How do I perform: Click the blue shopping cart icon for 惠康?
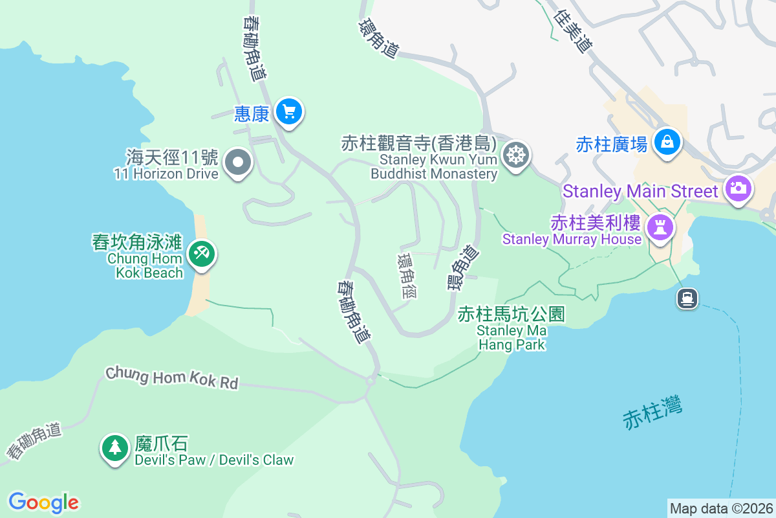(288, 113)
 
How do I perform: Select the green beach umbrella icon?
(201, 253)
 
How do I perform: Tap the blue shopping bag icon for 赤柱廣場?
(667, 141)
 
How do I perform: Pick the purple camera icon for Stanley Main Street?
(738, 188)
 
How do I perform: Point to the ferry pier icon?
(687, 298)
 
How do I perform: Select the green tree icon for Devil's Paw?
(114, 447)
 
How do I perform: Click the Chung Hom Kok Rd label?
(172, 378)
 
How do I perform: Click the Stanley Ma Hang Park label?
(512, 337)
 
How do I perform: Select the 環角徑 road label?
(407, 276)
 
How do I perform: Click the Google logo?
(43, 502)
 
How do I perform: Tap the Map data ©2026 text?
(720, 508)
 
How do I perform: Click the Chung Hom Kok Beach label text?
(145, 265)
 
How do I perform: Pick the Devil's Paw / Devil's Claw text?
(214, 460)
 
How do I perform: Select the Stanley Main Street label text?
(640, 192)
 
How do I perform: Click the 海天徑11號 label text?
(172, 157)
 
